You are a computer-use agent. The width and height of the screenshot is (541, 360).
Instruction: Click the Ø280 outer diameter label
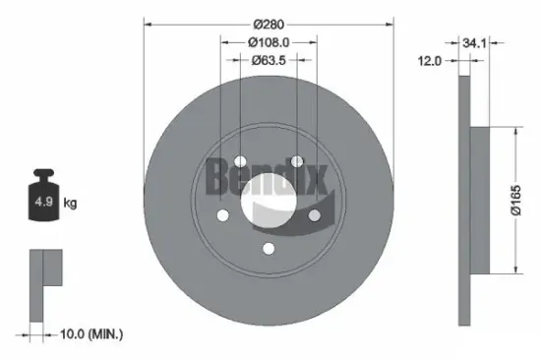click(269, 22)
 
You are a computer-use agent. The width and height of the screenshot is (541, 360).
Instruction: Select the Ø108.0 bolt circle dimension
click(269, 42)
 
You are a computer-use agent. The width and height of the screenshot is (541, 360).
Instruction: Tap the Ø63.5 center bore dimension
click(269, 61)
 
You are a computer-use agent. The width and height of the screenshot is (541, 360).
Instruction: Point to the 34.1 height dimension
click(475, 42)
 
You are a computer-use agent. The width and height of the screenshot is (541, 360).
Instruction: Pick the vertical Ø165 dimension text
click(528, 201)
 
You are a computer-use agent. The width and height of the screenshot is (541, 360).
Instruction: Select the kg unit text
click(71, 204)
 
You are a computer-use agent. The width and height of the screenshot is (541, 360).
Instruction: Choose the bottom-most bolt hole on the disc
click(269, 249)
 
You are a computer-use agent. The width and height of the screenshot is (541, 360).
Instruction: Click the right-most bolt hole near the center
click(315, 215)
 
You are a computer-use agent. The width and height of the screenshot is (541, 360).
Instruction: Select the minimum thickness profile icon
click(43, 285)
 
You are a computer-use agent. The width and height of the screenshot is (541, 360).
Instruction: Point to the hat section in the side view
click(480, 202)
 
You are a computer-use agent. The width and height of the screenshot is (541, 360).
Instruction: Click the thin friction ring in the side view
click(463, 202)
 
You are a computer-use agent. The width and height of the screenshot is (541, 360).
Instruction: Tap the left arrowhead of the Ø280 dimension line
click(148, 22)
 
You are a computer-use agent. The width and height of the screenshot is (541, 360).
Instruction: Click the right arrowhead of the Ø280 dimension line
click(390, 22)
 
